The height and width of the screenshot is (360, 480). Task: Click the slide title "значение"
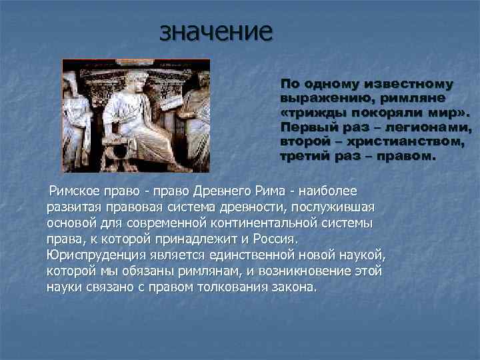216,32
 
